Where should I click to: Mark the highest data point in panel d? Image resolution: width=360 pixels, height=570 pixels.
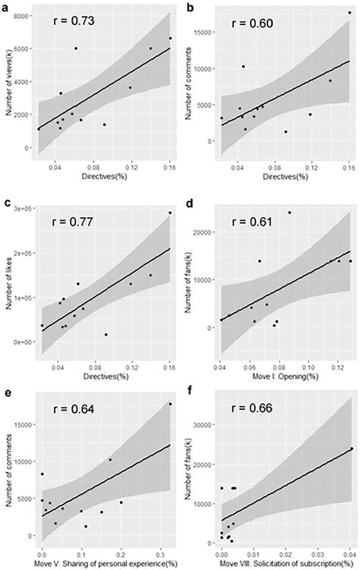tap(289, 213)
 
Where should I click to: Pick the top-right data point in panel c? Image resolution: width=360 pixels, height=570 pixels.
tap(169, 213)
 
